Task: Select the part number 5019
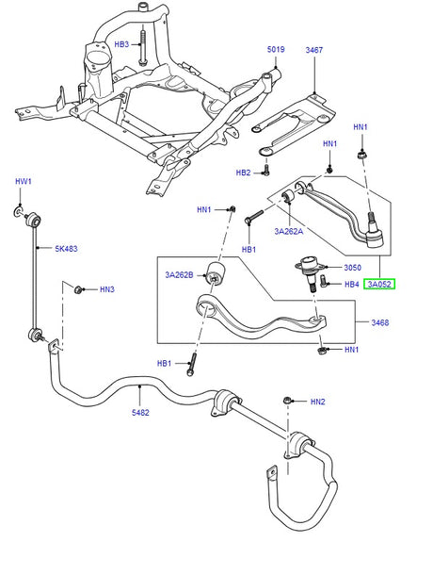276,49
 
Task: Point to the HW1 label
23,181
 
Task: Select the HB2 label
244,172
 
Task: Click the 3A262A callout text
290,230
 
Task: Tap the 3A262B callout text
181,275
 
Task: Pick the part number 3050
352,266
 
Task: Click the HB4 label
351,283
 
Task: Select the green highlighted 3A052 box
380,283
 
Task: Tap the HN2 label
318,402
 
